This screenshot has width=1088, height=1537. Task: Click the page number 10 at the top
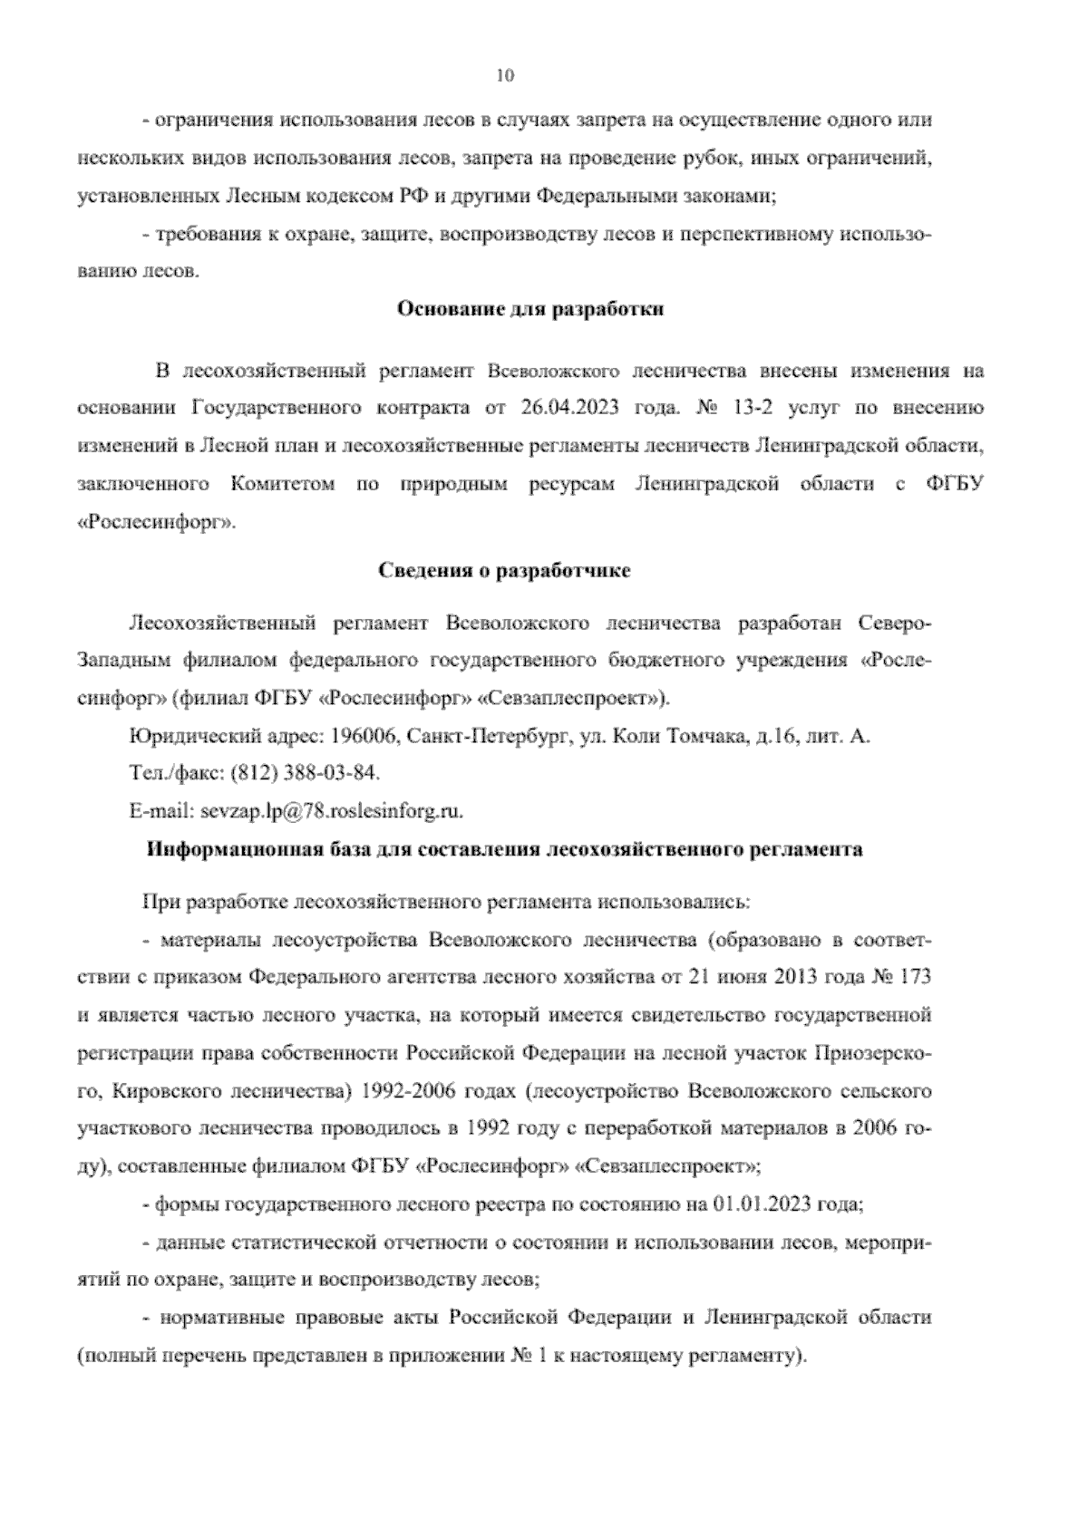click(506, 76)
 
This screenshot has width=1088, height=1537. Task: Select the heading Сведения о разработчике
click(503, 571)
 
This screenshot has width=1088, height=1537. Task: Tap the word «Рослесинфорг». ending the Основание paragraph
click(156, 522)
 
